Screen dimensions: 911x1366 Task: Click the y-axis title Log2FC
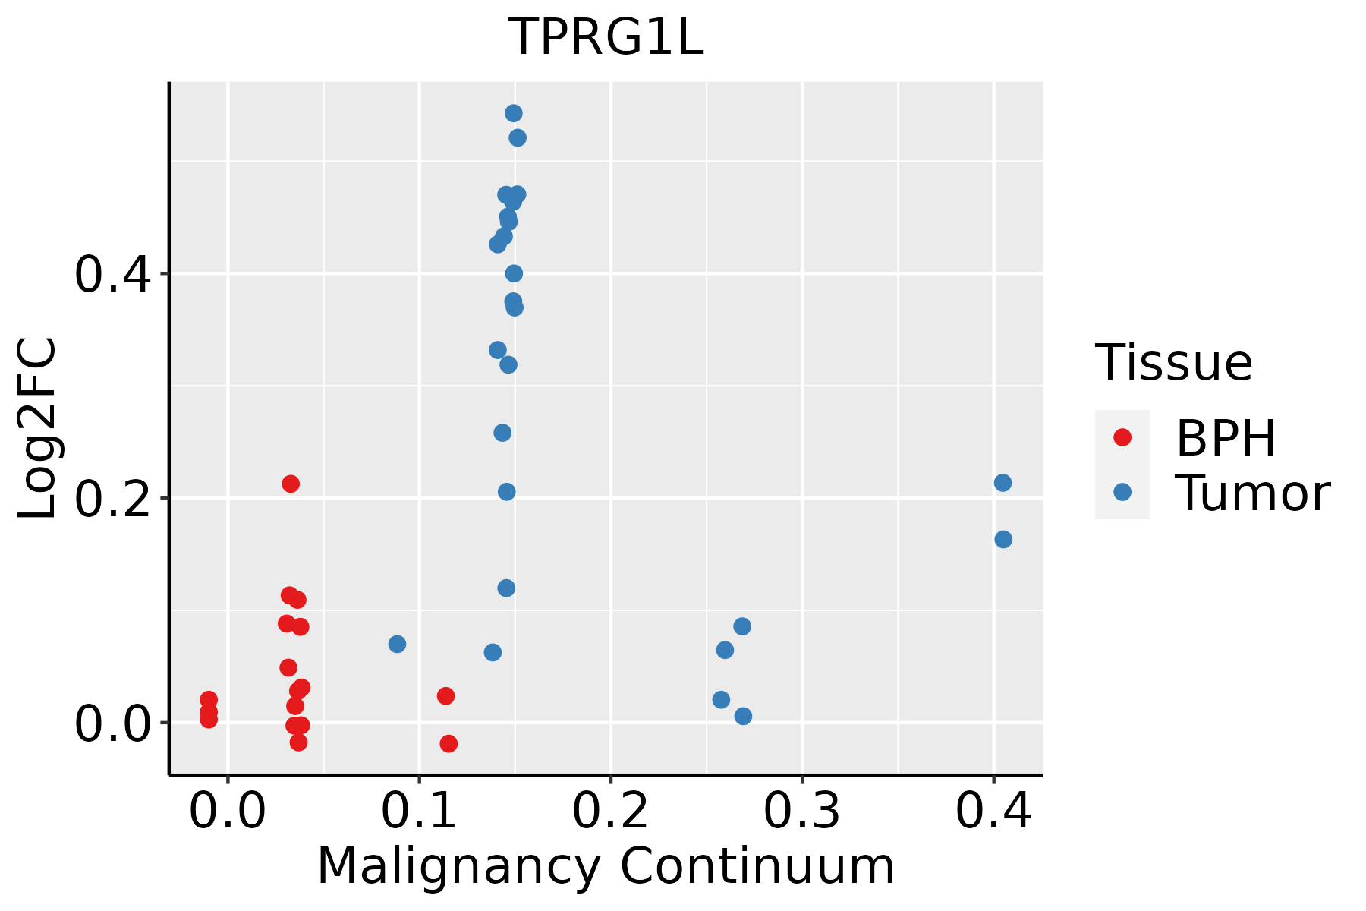pos(38,429)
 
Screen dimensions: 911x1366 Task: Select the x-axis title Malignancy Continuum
pos(606,866)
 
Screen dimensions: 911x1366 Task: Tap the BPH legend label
pos(1226,438)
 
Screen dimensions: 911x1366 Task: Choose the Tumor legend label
pos(1252,493)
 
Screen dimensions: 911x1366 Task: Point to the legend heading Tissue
pos(1174,363)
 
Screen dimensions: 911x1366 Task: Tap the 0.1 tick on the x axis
pos(419,811)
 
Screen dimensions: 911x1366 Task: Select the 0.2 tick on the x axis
pos(610,811)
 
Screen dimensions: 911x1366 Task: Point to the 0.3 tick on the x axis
pos(801,811)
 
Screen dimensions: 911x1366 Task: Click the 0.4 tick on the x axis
pos(993,811)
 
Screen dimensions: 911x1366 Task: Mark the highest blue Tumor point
pos(514,113)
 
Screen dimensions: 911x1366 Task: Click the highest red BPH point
pos(291,484)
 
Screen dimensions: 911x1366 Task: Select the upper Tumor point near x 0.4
pos(1002,483)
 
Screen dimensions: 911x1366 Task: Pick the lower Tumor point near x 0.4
pos(1003,539)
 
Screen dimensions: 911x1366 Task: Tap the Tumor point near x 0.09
pos(397,644)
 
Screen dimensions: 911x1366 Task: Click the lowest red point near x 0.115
pos(449,743)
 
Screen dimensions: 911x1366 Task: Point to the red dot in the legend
pos(1122,437)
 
